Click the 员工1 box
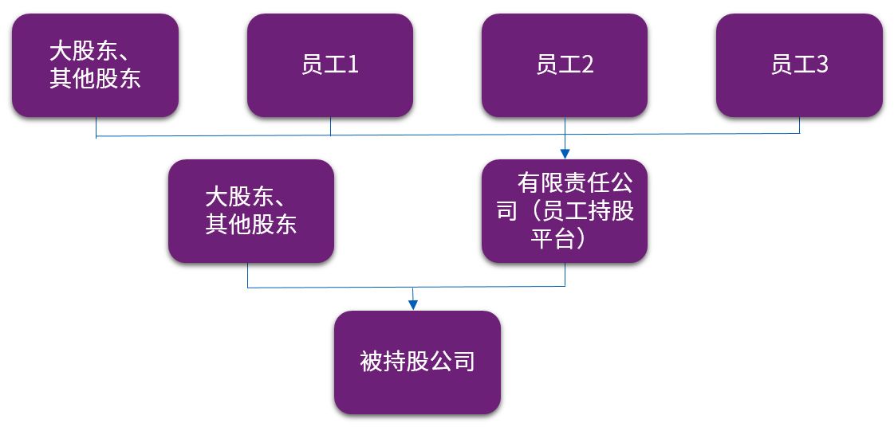(x=329, y=65)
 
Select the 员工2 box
(x=565, y=65)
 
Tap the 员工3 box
(x=799, y=65)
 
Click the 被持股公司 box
(x=417, y=362)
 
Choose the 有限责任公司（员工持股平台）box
(x=565, y=211)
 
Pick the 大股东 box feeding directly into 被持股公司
(x=250, y=211)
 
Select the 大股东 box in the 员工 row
(x=95, y=65)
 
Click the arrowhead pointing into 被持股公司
(x=412, y=304)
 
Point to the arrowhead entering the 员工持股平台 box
(x=565, y=153)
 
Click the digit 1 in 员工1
(x=352, y=65)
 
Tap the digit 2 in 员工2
(x=587, y=65)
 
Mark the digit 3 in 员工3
(x=821, y=65)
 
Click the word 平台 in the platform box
(x=553, y=239)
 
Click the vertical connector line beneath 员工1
(x=330, y=126)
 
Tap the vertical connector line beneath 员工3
(x=800, y=125)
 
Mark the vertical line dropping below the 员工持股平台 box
(x=565, y=274)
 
